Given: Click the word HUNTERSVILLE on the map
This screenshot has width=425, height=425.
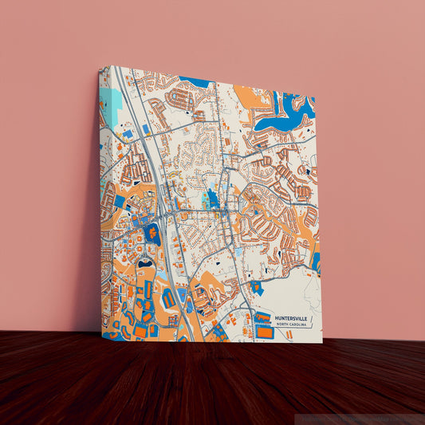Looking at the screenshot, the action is tap(293, 318).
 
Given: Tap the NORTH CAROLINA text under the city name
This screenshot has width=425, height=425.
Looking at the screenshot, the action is tap(293, 325).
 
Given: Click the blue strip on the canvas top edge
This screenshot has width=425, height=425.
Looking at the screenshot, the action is tap(195, 81).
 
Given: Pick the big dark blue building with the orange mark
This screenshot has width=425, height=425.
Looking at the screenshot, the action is tap(151, 234).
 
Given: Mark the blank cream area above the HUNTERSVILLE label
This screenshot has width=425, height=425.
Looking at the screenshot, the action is tap(295, 291).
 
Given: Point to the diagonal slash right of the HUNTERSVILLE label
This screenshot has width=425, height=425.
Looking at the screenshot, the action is tap(318, 320).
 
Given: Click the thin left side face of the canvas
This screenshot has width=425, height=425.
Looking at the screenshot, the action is tap(101, 199).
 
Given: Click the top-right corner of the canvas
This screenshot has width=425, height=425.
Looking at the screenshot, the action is tap(316, 96).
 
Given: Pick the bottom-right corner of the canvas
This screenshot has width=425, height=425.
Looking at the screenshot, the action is tap(322, 342).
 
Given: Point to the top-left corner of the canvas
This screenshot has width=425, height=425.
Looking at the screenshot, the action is tap(101, 67).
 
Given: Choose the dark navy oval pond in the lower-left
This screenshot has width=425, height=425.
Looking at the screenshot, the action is tap(145, 262).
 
